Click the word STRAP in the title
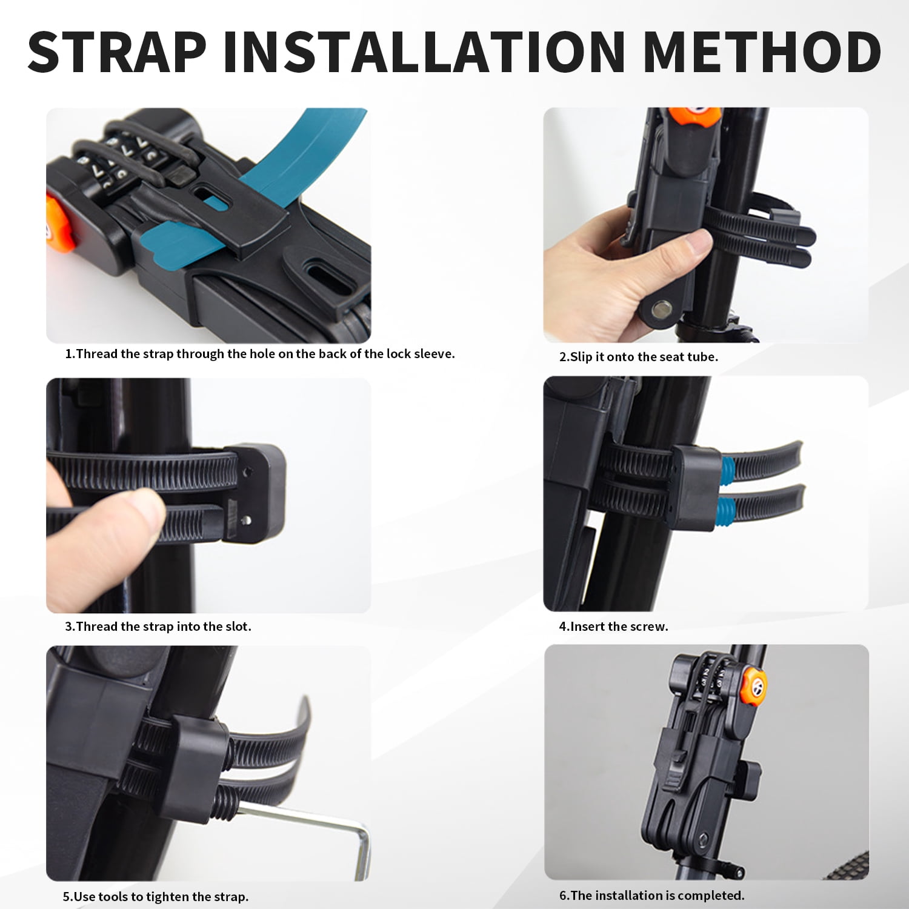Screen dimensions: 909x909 [x=118, y=52]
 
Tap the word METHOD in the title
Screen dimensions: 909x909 [x=762, y=52]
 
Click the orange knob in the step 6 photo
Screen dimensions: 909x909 [x=753, y=685]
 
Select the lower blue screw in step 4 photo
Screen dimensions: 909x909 [x=727, y=511]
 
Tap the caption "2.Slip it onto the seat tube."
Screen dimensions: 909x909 [x=638, y=357]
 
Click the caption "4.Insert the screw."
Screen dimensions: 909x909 [x=613, y=627]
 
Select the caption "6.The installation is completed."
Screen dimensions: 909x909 [x=651, y=896]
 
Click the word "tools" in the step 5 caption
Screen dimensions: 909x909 [x=113, y=897]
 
